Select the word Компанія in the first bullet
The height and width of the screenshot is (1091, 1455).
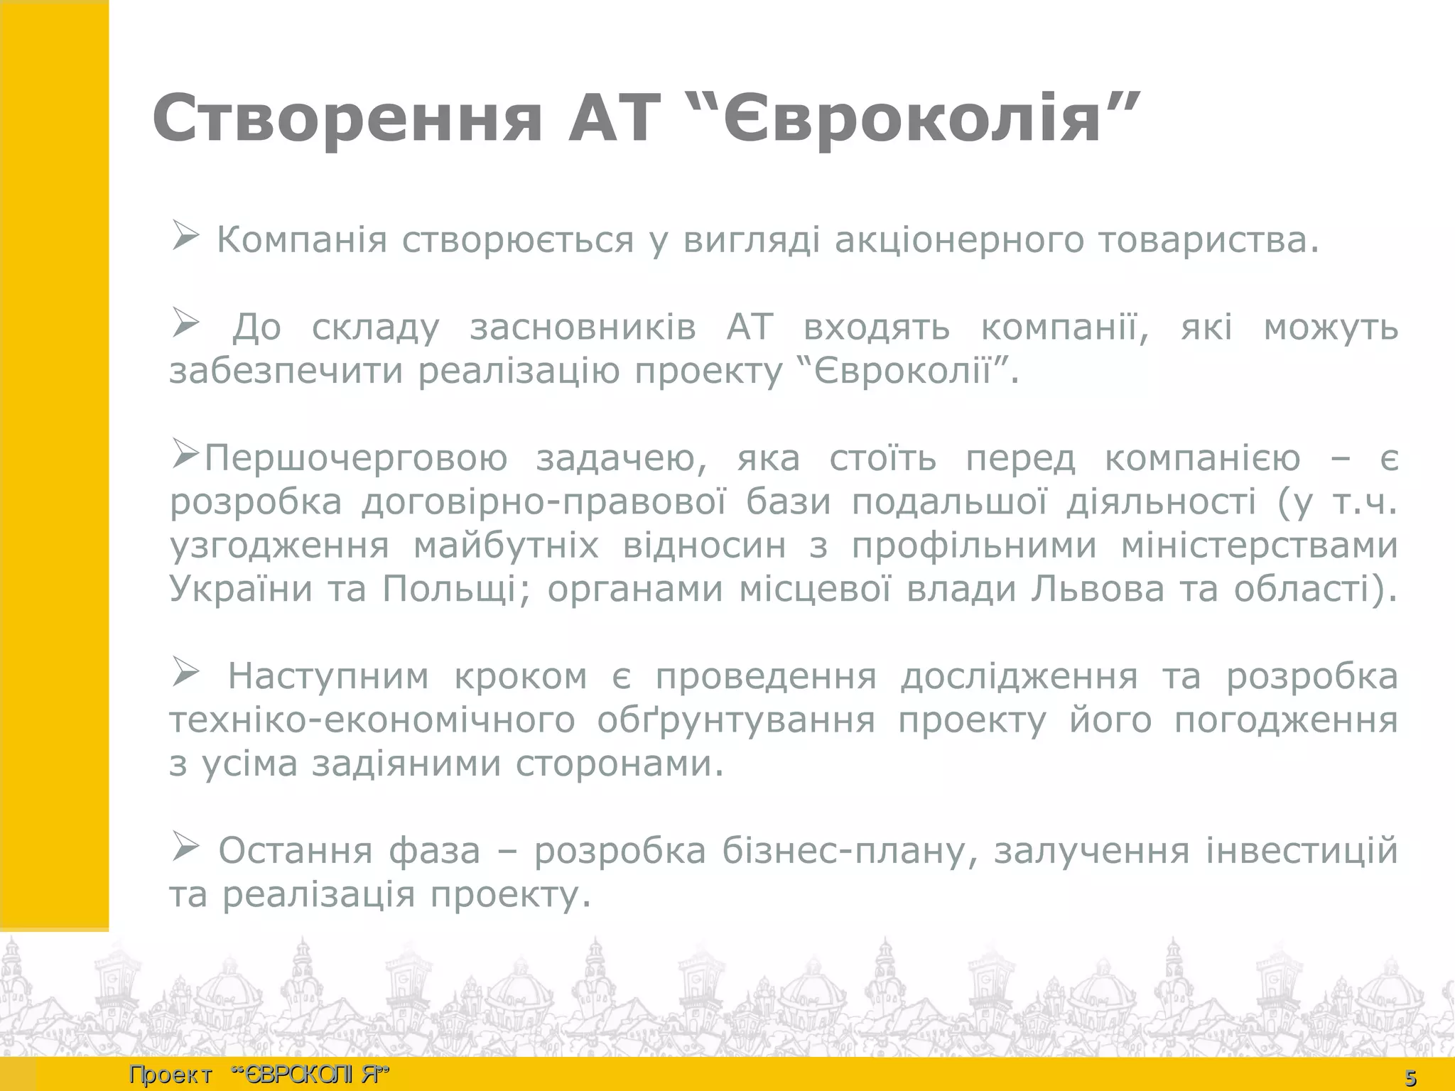[302, 240]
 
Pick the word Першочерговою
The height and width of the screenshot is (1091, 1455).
[356, 459]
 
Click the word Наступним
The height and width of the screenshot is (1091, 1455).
[328, 676]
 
